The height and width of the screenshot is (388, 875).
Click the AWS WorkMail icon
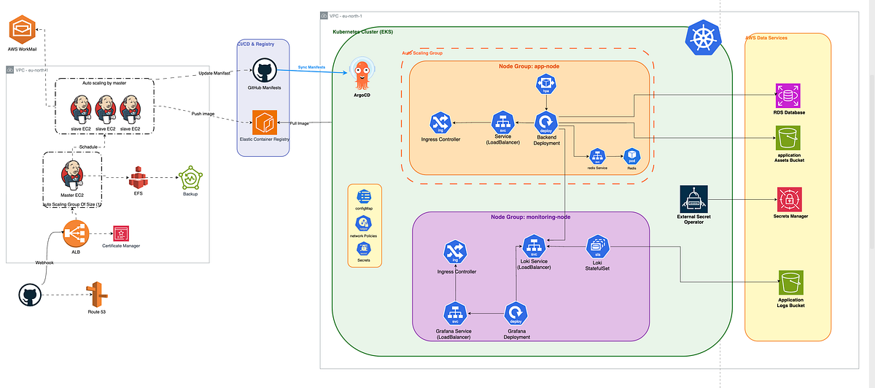(x=22, y=31)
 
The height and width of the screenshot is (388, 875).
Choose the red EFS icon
(x=139, y=177)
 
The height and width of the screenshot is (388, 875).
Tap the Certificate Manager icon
(x=121, y=234)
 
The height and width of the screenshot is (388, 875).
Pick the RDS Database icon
(x=788, y=95)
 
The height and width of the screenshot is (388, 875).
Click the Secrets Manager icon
(x=788, y=199)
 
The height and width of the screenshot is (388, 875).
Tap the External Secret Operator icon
(x=693, y=199)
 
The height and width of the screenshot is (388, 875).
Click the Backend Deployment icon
(x=546, y=122)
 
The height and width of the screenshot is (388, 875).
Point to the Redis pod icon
(x=632, y=156)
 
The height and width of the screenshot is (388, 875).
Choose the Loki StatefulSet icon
(x=598, y=246)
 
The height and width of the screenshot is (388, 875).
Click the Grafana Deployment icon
(x=516, y=314)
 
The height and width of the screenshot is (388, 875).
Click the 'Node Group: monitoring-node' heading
(x=530, y=217)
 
